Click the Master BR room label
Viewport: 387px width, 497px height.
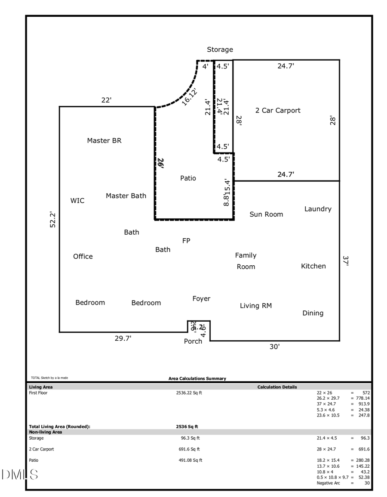coord(104,140)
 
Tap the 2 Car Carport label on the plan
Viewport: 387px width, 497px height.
coord(278,110)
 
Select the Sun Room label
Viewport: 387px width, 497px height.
coord(266,214)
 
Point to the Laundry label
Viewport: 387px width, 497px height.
coord(318,209)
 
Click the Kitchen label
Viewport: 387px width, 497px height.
coord(313,266)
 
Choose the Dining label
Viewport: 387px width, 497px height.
coord(313,313)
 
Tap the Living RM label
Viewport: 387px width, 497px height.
coord(255,306)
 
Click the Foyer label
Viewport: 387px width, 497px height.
coord(201,298)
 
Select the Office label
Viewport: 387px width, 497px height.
coord(83,256)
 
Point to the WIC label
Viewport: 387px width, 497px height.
coord(77,201)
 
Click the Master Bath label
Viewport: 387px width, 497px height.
coord(126,196)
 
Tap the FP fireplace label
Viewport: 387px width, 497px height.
coord(186,241)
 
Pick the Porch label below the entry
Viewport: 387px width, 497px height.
coord(193,342)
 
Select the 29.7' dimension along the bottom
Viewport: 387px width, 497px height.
coord(123,339)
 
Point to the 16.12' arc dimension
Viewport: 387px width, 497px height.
coord(190,97)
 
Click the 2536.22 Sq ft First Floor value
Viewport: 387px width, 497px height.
coord(189,393)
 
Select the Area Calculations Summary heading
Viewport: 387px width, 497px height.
coord(197,379)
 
